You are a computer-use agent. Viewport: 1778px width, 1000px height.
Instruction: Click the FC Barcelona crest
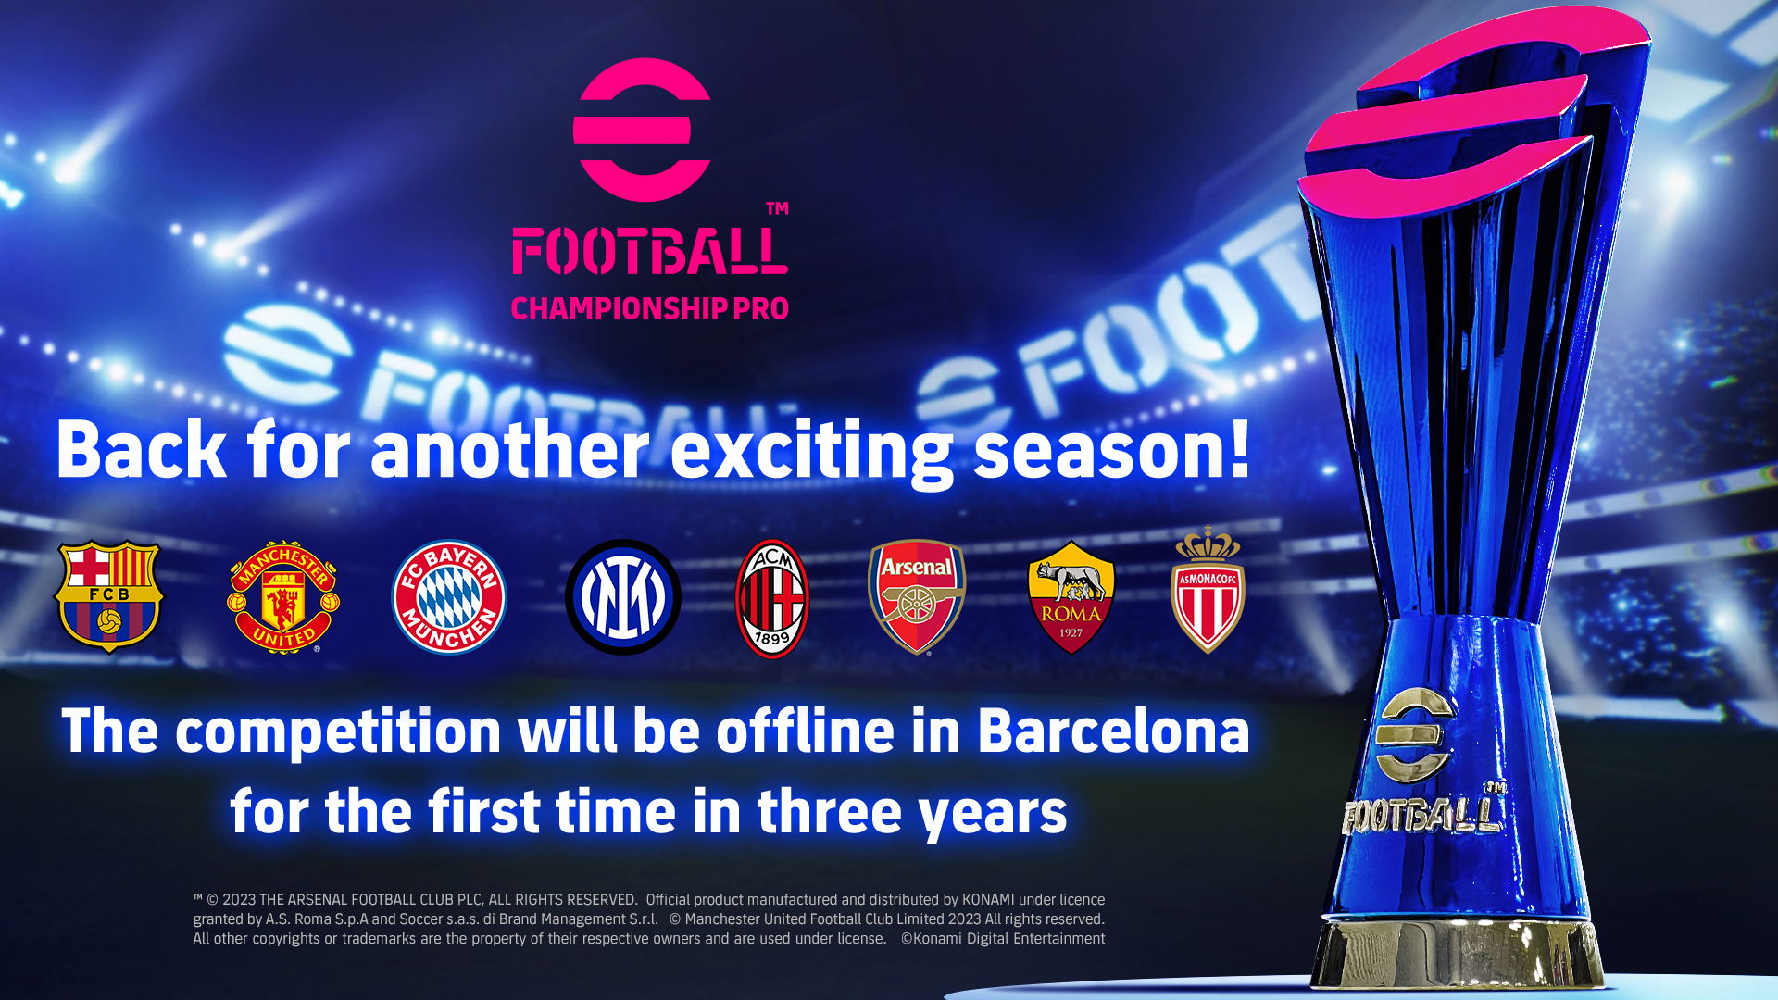tap(109, 596)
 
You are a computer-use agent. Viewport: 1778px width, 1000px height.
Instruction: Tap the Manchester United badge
tap(283, 597)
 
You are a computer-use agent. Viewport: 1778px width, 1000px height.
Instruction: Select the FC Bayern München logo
tap(449, 597)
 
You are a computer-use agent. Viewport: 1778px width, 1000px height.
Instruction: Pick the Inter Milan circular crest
tap(623, 597)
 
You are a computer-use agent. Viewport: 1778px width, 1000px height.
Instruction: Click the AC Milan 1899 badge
tap(772, 598)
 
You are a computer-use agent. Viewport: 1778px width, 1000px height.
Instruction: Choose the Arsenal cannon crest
tap(917, 596)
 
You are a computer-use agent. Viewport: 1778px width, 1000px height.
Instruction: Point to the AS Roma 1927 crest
tap(1071, 597)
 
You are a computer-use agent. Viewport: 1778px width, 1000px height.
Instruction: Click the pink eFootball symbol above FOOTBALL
tap(642, 130)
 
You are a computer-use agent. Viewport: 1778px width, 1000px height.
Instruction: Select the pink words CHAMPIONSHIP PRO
tap(650, 308)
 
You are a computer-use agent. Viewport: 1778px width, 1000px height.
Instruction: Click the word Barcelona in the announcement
tap(1113, 731)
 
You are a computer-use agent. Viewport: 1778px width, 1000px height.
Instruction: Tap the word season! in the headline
tap(1112, 450)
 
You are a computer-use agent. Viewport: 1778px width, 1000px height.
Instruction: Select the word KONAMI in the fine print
tap(988, 899)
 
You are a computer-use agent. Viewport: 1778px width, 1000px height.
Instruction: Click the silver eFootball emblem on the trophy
tap(1414, 736)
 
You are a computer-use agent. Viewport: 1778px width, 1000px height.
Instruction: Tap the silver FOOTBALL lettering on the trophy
tap(1422, 814)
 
